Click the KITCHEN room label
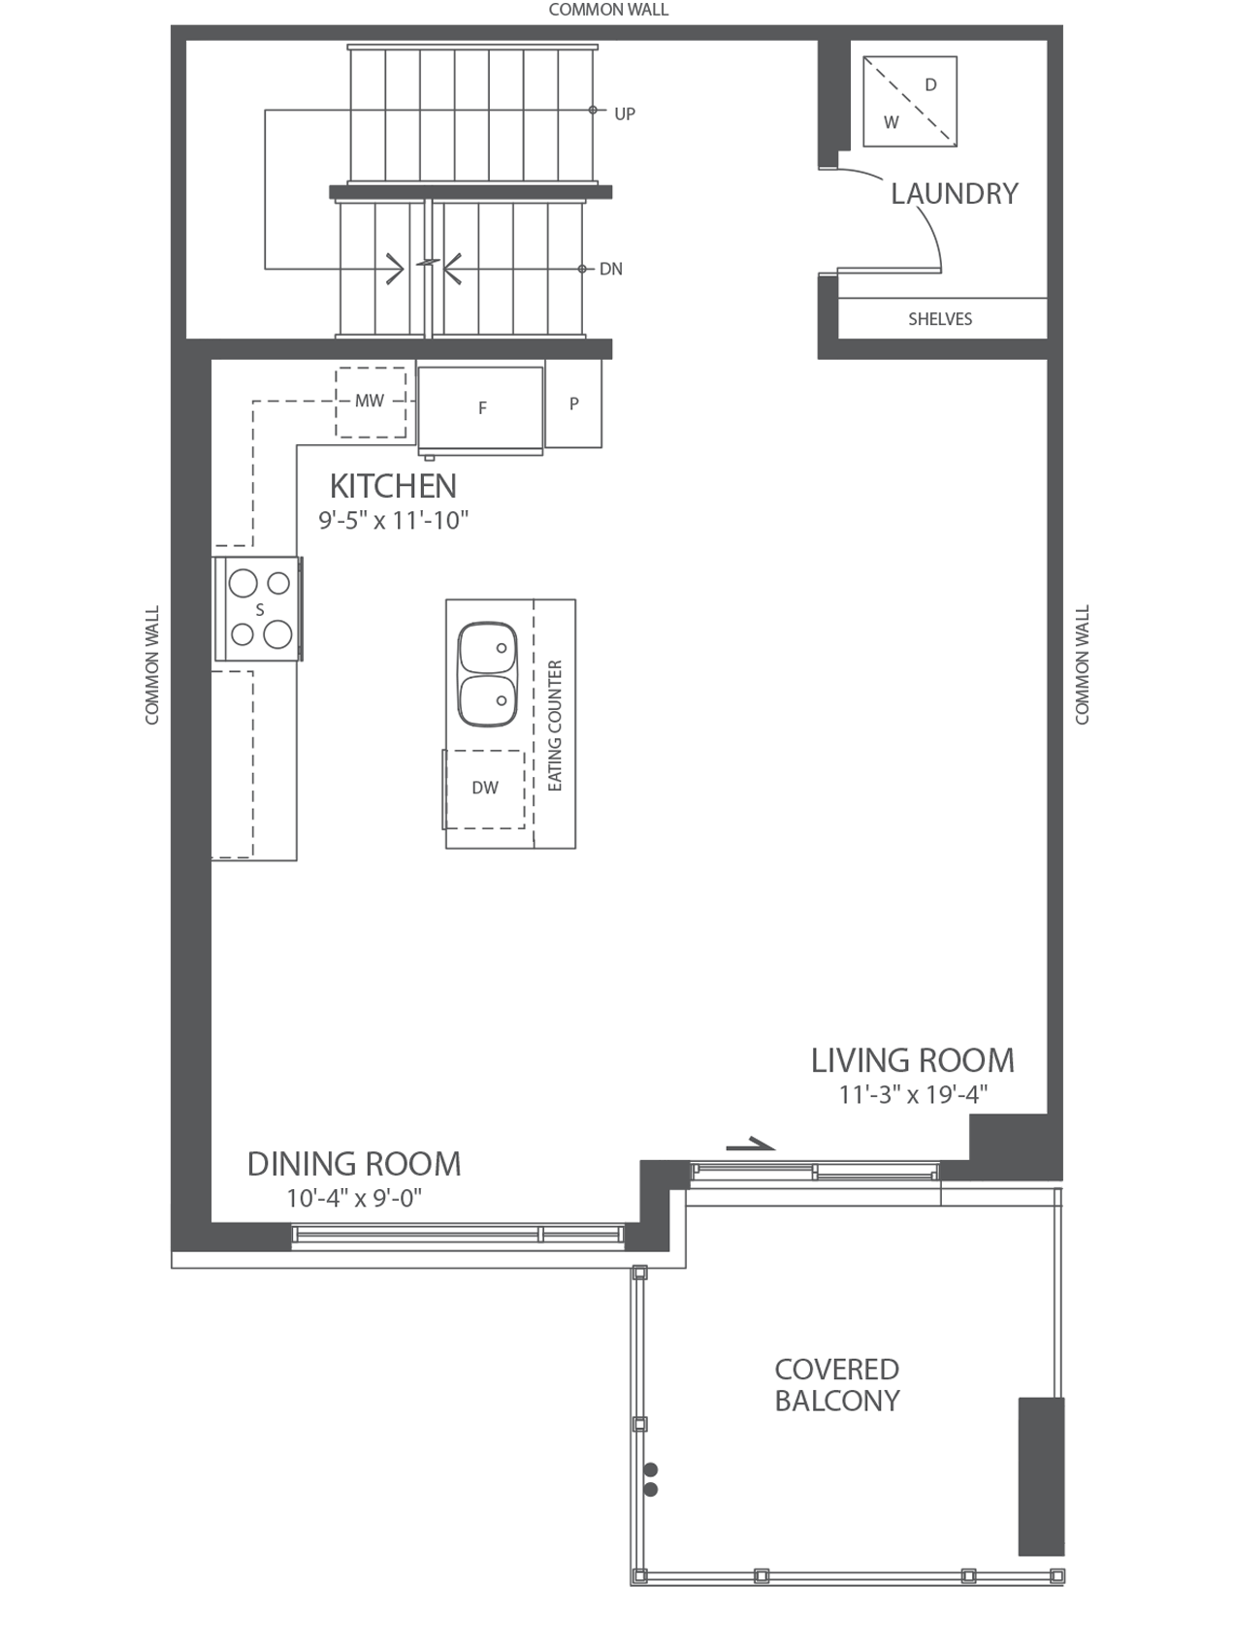(393, 486)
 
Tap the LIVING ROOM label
(913, 1060)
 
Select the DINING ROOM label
(354, 1164)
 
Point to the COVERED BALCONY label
(837, 1385)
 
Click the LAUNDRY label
(955, 194)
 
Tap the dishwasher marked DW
(484, 789)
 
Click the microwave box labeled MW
(371, 402)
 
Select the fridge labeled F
(481, 407)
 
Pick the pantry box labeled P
(573, 403)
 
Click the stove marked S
(259, 609)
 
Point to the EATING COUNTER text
(555, 726)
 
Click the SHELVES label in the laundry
(940, 319)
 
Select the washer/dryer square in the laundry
(910, 102)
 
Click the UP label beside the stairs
(625, 114)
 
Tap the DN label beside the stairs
(611, 270)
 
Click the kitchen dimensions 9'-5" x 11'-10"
(394, 521)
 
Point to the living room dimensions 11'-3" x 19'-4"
(913, 1095)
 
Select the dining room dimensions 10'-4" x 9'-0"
(354, 1199)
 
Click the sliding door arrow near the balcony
(751, 1145)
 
